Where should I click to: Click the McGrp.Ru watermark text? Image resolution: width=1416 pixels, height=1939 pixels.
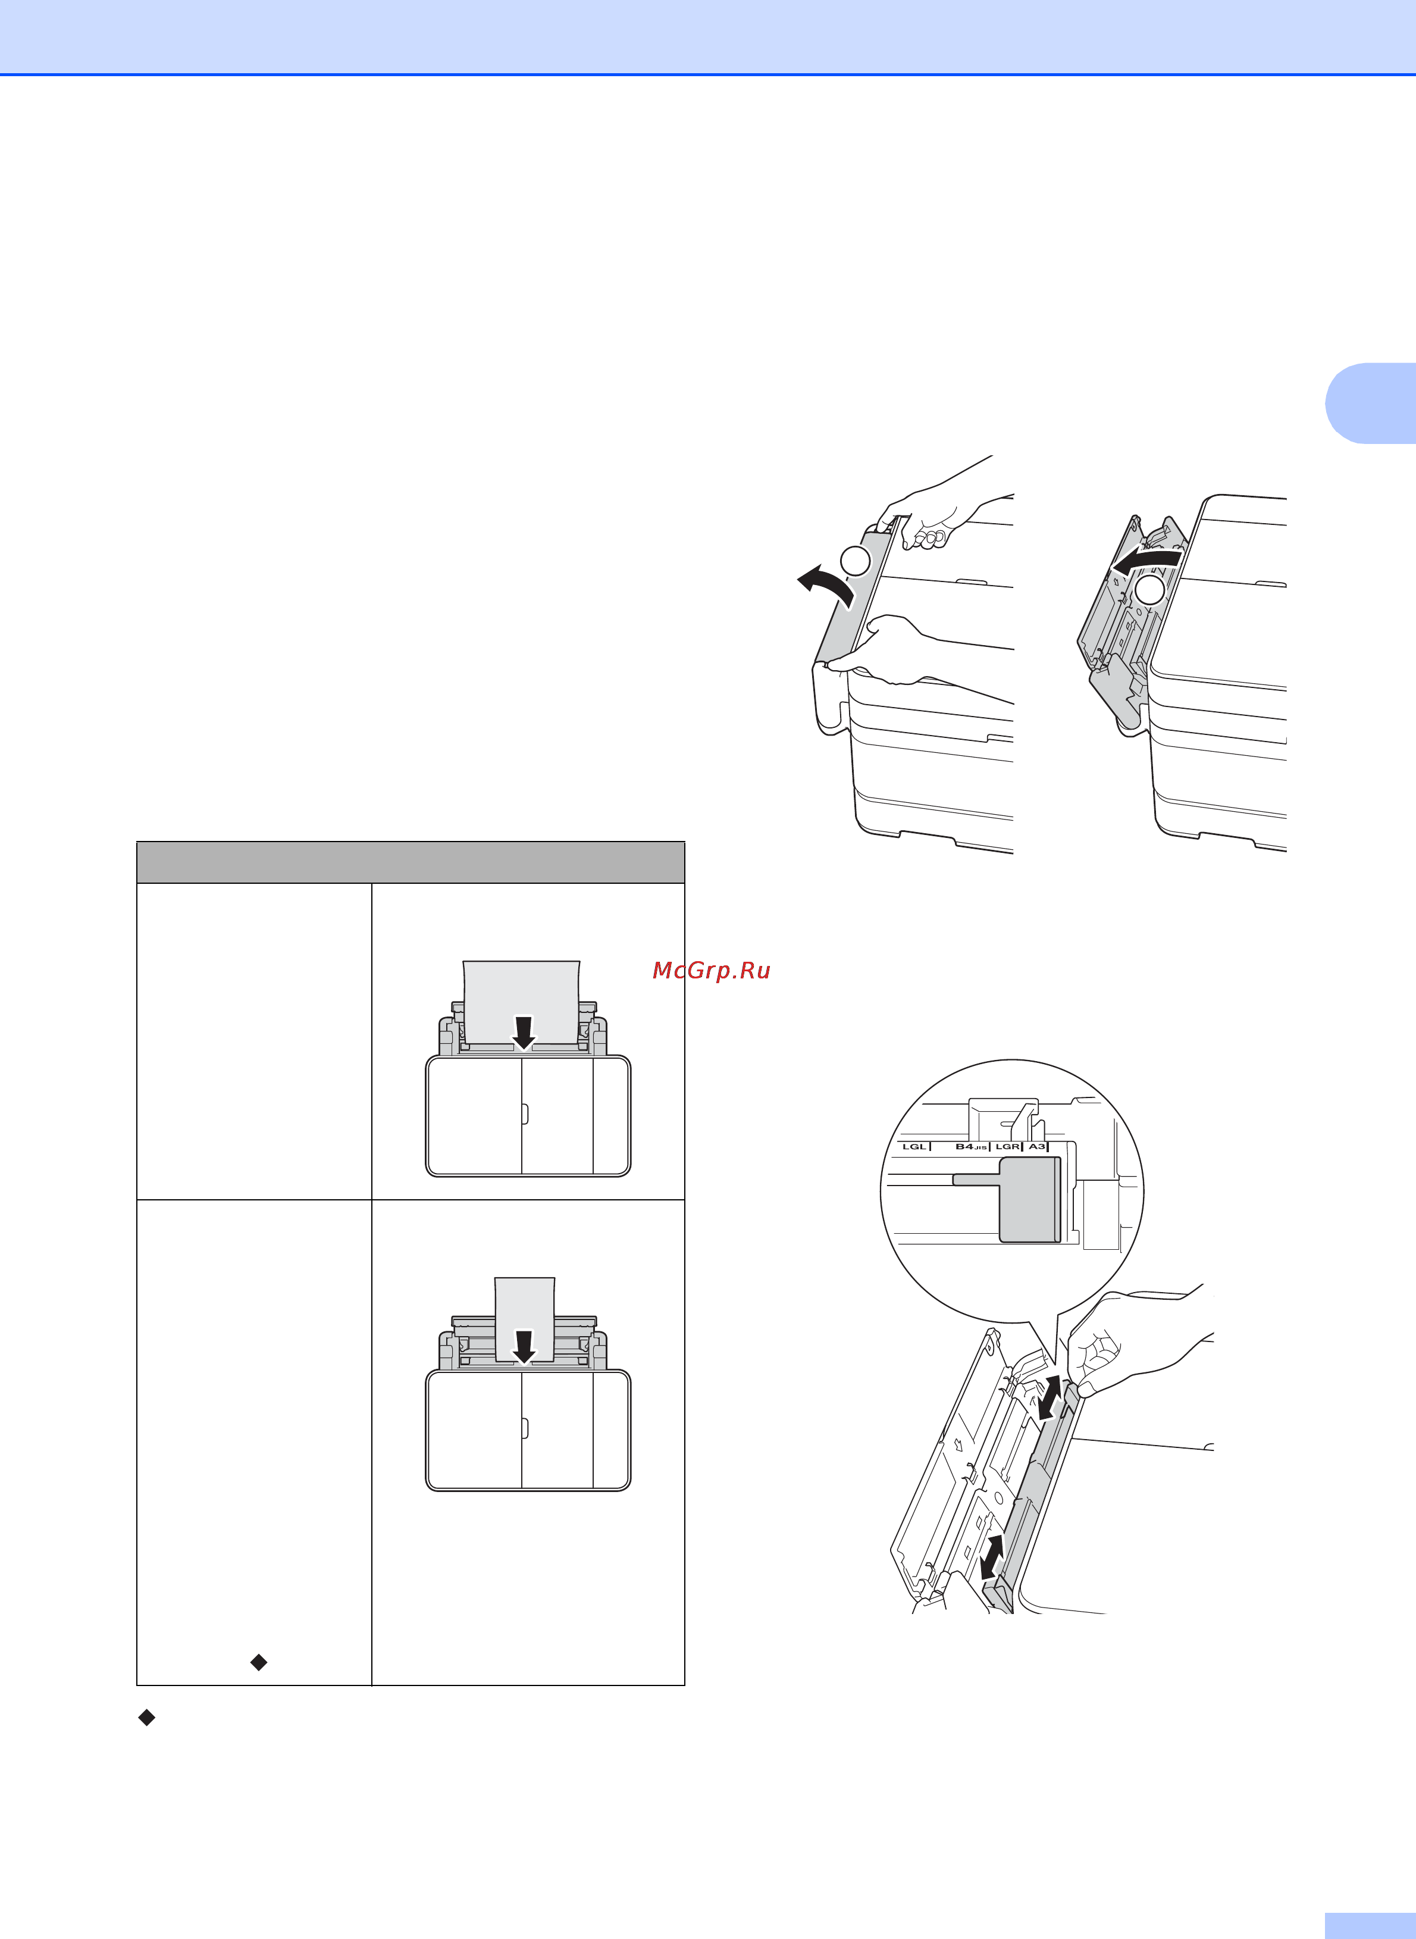(712, 970)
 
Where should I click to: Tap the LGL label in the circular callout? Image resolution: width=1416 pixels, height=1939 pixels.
(914, 1147)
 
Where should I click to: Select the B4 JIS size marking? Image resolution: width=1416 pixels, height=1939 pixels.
(971, 1147)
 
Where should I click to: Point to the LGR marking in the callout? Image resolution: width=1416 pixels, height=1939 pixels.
(1007, 1147)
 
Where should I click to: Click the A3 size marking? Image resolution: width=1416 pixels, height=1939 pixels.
(1037, 1147)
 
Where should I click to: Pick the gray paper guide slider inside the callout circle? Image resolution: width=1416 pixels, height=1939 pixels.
(1029, 1199)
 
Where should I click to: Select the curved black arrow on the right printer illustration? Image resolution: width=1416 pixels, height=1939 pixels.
(1147, 561)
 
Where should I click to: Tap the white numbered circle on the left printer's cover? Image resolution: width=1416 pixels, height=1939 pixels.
(854, 561)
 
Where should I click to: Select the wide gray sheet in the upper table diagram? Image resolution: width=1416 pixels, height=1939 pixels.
(521, 1003)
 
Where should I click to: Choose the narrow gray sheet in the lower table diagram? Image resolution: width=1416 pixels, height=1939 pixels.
(525, 1319)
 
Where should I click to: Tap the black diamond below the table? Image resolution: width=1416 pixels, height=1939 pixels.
(146, 1717)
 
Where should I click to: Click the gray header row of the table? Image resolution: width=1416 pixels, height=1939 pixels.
(411, 862)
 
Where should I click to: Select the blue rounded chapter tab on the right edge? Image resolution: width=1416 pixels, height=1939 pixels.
(1371, 403)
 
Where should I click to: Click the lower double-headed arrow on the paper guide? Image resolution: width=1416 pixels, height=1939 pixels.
(992, 1558)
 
